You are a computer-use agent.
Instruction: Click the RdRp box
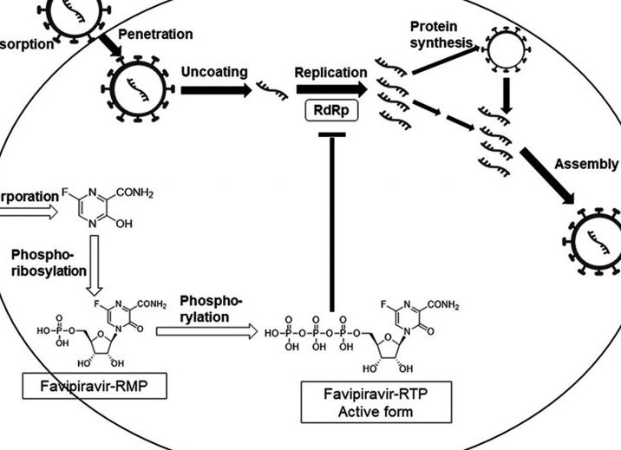[330, 110]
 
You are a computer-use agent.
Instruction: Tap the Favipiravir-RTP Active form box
[376, 403]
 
